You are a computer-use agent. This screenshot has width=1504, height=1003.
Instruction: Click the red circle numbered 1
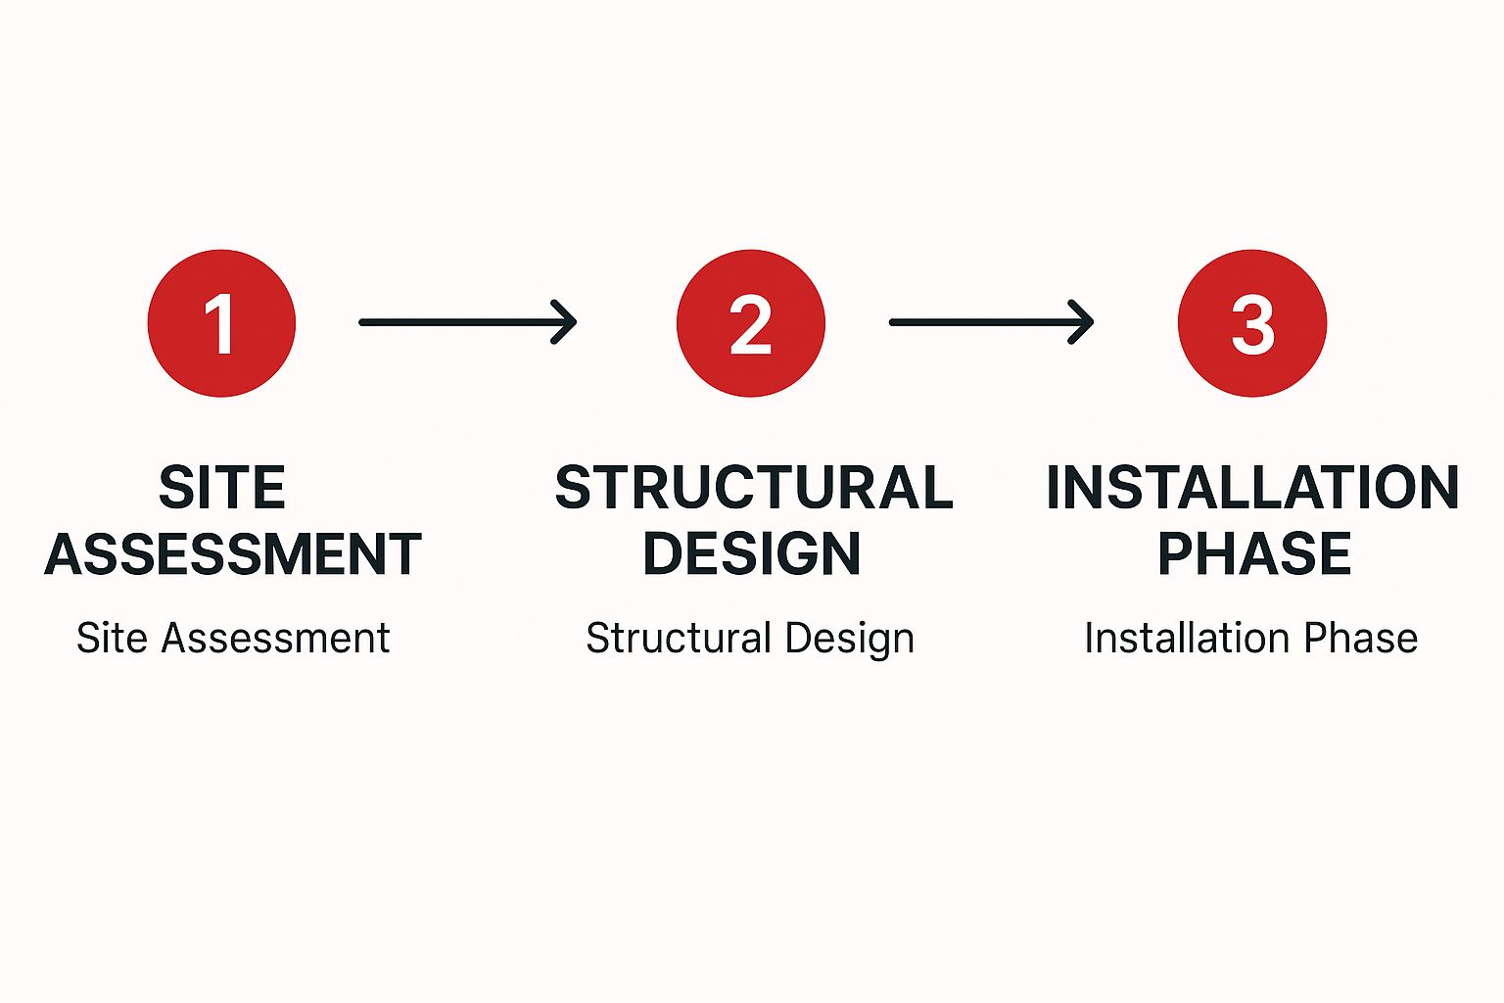click(x=221, y=323)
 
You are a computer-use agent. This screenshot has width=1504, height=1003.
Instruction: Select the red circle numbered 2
click(x=751, y=323)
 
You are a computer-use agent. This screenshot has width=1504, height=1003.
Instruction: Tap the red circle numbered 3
click(x=1252, y=323)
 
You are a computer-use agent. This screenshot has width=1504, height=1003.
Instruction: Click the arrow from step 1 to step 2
click(x=468, y=322)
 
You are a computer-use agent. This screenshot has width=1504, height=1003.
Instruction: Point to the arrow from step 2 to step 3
click(x=992, y=322)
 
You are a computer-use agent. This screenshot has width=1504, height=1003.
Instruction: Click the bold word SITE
click(x=222, y=487)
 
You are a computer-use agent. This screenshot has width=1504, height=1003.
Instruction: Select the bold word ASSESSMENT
click(x=233, y=554)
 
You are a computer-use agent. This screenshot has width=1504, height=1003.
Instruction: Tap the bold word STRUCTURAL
click(x=754, y=487)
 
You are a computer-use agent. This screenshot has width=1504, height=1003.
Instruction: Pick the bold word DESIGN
click(x=751, y=554)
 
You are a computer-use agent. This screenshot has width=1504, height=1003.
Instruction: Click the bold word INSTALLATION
click(x=1253, y=487)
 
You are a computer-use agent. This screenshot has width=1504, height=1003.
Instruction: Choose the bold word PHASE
click(x=1254, y=554)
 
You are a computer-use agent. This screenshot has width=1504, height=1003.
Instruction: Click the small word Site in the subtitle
click(x=112, y=638)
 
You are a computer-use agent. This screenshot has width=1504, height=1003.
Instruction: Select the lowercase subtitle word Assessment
click(x=275, y=638)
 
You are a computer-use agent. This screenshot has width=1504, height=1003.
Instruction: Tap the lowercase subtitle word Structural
click(x=679, y=638)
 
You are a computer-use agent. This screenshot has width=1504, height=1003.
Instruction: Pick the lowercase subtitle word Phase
click(x=1360, y=638)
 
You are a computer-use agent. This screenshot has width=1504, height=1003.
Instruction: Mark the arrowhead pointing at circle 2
click(x=565, y=322)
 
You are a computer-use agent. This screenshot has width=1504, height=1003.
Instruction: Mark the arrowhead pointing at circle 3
click(x=1082, y=322)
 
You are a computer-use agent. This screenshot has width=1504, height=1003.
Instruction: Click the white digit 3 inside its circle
click(x=1253, y=324)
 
